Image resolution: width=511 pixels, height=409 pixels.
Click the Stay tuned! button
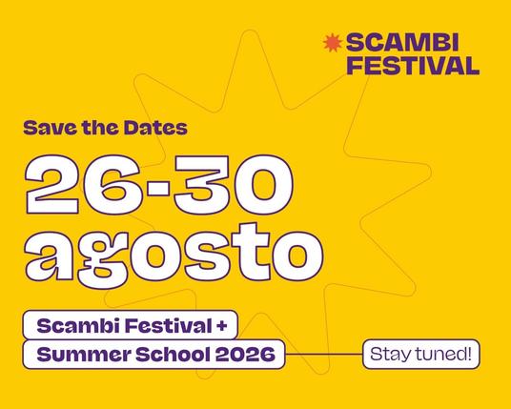419,355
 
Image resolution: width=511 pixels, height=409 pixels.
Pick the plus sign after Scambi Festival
221,325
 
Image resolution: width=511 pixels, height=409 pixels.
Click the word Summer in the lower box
77,356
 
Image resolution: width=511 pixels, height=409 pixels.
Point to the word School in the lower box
166,356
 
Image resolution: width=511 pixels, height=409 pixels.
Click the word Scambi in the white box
68,325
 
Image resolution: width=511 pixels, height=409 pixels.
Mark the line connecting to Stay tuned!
324,356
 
